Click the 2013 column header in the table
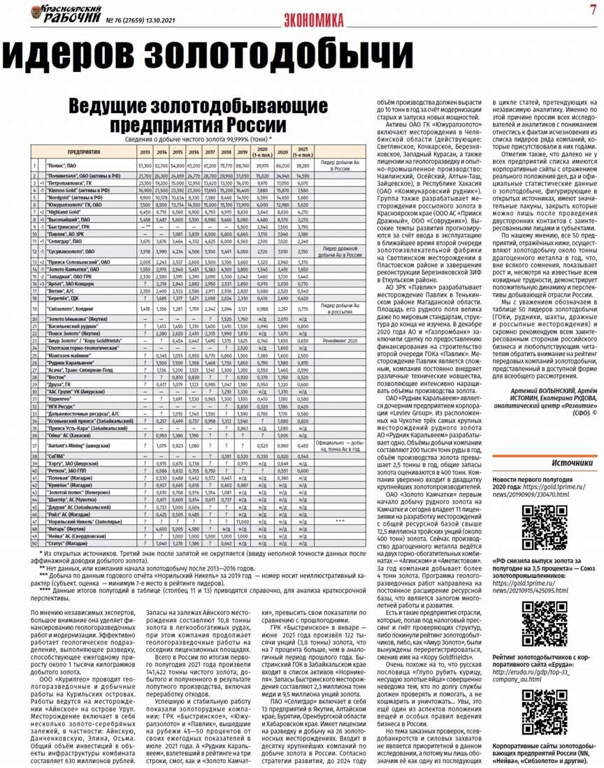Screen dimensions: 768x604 tap(145, 152)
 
